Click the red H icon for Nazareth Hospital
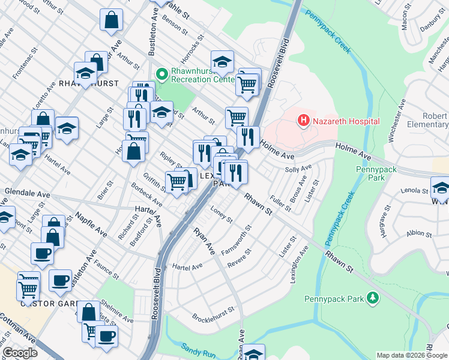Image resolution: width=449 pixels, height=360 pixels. [304, 121]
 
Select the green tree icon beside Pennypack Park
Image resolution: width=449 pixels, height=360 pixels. [373, 297]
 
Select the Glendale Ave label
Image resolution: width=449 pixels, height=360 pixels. [27, 194]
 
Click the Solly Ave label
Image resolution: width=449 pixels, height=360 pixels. [298, 170]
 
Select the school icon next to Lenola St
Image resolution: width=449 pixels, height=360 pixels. [441, 188]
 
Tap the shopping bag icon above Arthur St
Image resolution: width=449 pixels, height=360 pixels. [112, 20]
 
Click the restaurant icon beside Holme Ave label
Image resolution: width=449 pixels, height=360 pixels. [247, 136]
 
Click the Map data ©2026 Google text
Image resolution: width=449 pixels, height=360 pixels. [411, 355]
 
